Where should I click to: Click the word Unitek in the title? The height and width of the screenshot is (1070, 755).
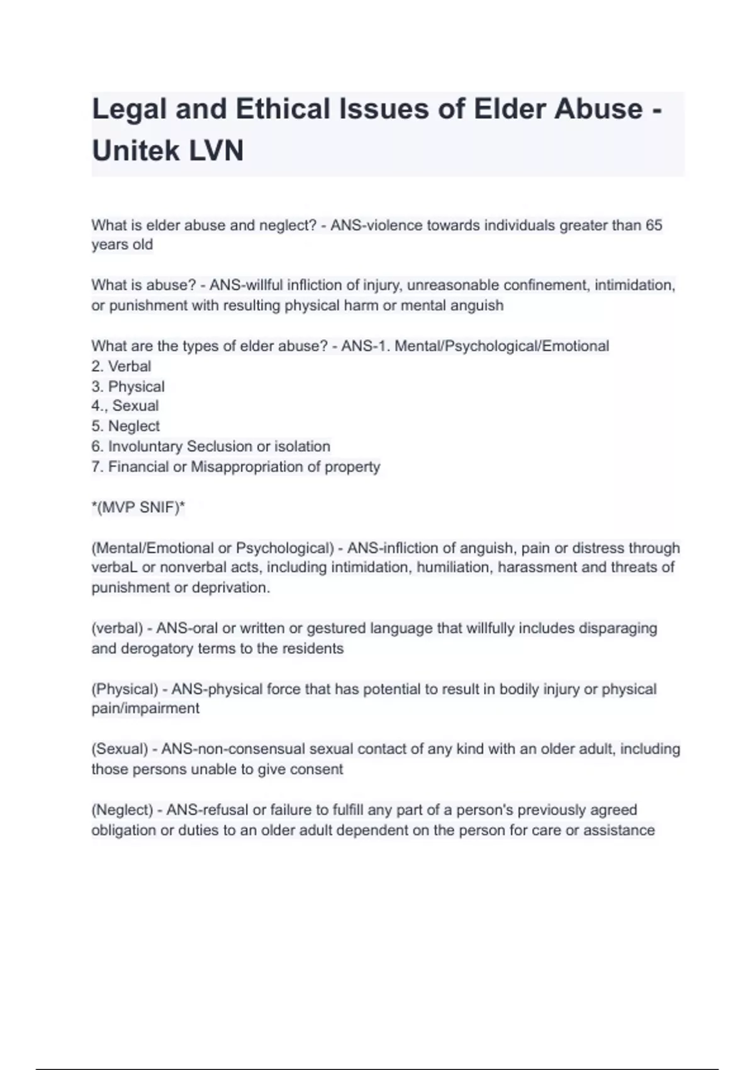point(136,151)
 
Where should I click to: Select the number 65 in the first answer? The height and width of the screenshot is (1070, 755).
point(654,225)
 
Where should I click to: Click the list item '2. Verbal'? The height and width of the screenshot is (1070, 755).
point(121,366)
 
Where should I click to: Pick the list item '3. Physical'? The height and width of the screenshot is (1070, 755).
point(128,386)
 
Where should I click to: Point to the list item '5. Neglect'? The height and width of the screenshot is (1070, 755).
point(125,426)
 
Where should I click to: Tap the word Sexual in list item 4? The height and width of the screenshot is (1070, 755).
point(135,406)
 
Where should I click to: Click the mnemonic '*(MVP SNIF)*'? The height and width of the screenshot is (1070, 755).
point(138,507)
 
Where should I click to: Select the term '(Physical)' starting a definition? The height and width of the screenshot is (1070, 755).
point(125,689)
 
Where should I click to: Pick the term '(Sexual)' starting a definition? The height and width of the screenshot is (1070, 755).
point(120,749)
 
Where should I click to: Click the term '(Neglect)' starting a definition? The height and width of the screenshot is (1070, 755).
point(122,810)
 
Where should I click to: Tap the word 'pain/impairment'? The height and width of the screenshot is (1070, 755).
point(145,709)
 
